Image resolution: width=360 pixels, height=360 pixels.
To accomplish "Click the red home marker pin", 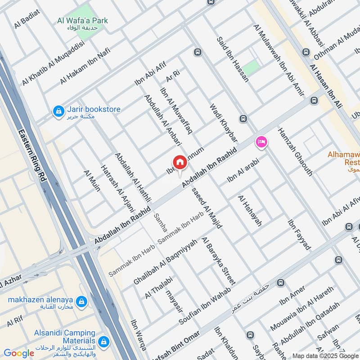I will (180, 162).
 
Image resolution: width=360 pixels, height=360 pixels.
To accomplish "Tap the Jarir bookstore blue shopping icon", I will (58, 111).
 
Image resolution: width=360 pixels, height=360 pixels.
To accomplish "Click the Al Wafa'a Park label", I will (83, 21).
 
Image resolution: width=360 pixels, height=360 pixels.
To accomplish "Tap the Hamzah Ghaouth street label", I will (295, 151).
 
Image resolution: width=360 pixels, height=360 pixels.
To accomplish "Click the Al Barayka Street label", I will (218, 261).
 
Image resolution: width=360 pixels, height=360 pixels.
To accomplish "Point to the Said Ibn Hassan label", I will (233, 59).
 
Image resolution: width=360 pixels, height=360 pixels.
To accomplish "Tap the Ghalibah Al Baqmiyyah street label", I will (165, 262).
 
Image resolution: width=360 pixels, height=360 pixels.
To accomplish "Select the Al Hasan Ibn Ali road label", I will (326, 86).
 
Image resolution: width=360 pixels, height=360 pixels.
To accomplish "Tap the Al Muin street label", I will (92, 181).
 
